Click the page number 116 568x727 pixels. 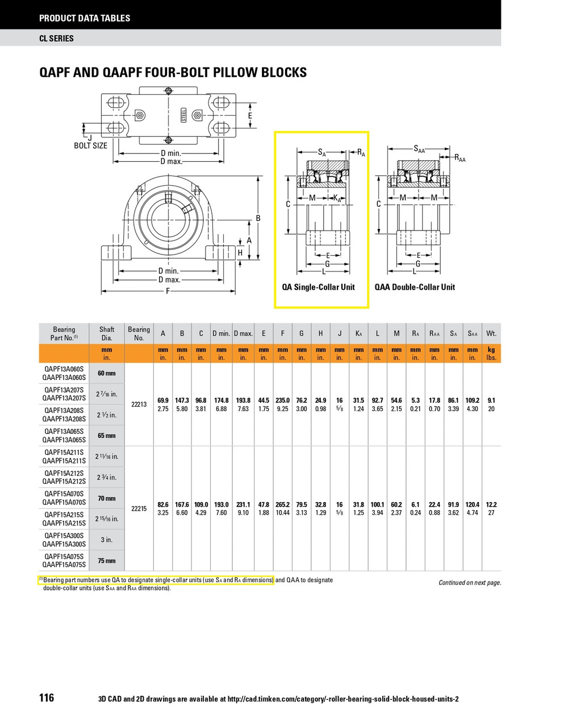click(x=47, y=697)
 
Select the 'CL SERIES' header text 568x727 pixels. click(x=56, y=39)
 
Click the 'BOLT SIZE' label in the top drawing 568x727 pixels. click(x=90, y=145)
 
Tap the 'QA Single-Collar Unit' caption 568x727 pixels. click(x=318, y=287)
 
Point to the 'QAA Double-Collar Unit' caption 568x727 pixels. click(x=415, y=287)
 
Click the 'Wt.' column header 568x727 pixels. click(x=491, y=333)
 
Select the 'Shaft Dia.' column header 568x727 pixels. click(x=107, y=333)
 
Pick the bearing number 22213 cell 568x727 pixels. click(x=139, y=404)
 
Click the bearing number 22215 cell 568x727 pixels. click(x=139, y=508)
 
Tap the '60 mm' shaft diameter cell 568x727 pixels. click(x=107, y=373)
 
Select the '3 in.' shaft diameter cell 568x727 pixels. click(x=107, y=540)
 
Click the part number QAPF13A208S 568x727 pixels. click(x=64, y=410)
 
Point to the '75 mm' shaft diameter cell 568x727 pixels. click(x=107, y=561)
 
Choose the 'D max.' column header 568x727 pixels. click(x=243, y=333)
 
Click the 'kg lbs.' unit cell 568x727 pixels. click(x=491, y=354)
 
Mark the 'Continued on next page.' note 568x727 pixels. click(x=470, y=583)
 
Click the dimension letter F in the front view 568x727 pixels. click(x=168, y=291)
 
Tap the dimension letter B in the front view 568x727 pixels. click(x=258, y=218)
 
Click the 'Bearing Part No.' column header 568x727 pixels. click(x=64, y=333)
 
